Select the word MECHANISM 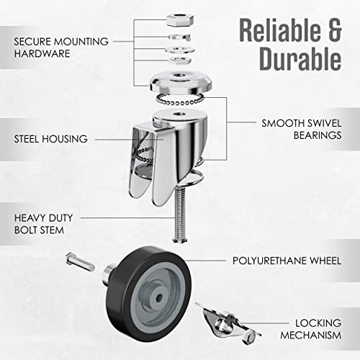(x=307, y=337)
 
